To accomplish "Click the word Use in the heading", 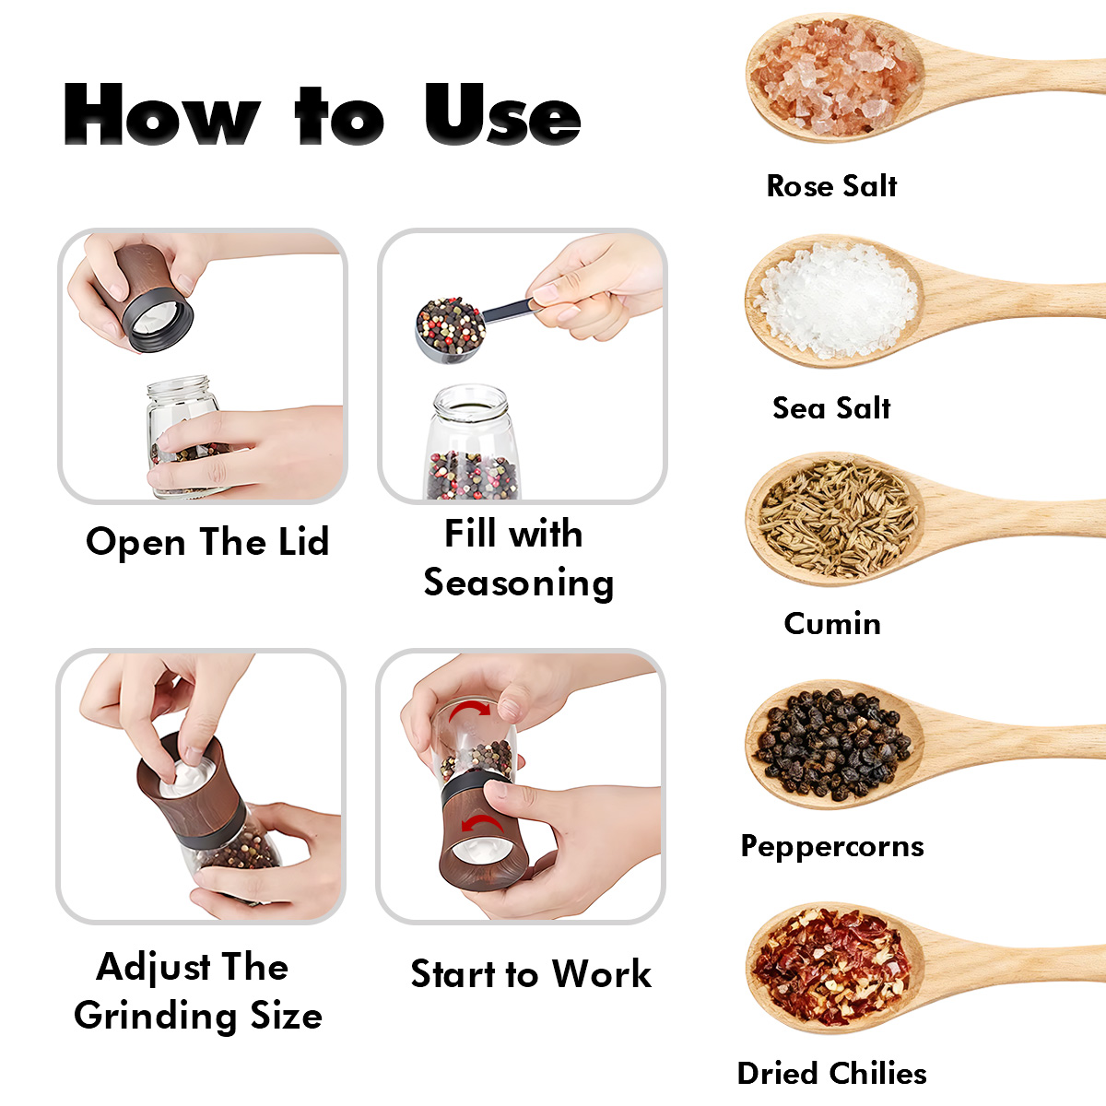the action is [x=503, y=113].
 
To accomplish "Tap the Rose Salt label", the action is [x=831, y=186].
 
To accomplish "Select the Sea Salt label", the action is [x=831, y=408].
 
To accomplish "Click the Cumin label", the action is [x=832, y=623].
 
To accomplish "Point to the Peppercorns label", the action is [x=832, y=847].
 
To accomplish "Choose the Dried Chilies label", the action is [x=831, y=1074].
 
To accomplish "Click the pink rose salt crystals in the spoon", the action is [x=834, y=77].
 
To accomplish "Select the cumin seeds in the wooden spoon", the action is [x=838, y=519].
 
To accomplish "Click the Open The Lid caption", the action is [x=207, y=542].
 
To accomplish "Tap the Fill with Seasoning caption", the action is [x=518, y=559].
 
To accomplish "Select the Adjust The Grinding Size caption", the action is [x=198, y=992].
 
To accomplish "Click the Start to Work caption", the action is [x=531, y=974].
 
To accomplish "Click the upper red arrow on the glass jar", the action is [x=469, y=711].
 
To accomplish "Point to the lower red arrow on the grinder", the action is [x=482, y=824].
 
